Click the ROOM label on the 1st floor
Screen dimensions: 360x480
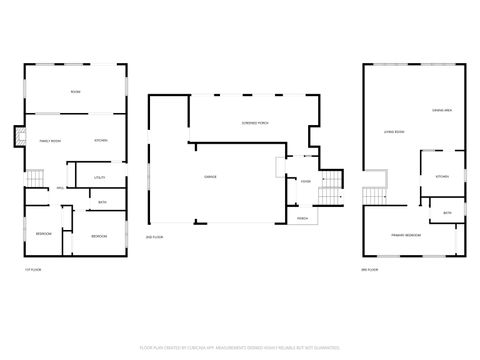(x=75, y=92)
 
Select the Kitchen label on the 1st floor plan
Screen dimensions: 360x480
(x=101, y=140)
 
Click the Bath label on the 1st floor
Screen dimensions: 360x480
(x=102, y=203)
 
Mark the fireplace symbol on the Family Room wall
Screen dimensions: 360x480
(x=18, y=137)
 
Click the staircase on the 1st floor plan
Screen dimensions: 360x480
(x=35, y=179)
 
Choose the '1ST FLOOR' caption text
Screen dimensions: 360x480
(x=32, y=270)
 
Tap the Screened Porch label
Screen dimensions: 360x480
(x=255, y=121)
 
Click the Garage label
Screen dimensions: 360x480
(x=211, y=177)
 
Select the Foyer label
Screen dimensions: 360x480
(x=305, y=181)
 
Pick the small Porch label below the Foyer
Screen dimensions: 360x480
(x=301, y=217)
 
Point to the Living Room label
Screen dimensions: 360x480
(x=393, y=132)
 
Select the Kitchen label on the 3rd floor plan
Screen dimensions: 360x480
(x=441, y=176)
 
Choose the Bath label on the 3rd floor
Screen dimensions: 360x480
(x=447, y=212)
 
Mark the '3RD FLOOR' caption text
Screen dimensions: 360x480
(x=370, y=270)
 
